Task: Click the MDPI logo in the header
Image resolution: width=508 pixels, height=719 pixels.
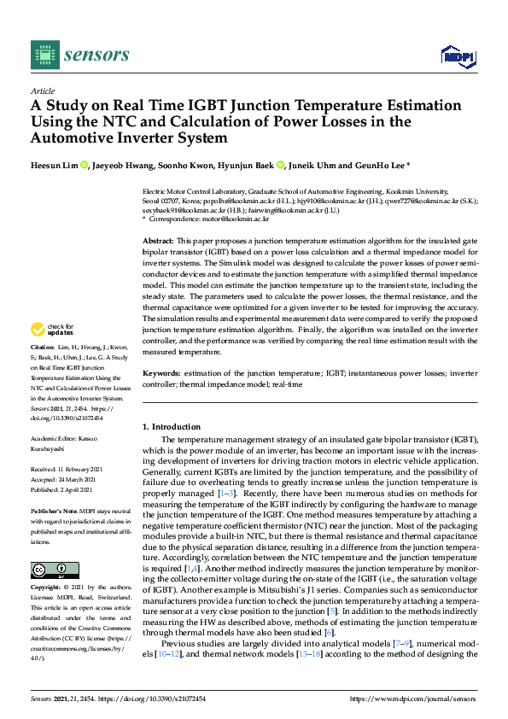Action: tap(457, 56)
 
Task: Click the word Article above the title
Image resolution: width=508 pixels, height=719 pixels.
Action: tap(42, 91)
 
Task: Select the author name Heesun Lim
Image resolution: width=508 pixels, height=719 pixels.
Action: tap(55, 165)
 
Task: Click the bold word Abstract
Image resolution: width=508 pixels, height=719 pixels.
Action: tap(159, 243)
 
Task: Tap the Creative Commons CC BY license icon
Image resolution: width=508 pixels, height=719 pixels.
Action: tap(55, 570)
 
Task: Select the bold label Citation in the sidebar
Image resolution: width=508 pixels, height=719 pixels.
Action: tap(43, 348)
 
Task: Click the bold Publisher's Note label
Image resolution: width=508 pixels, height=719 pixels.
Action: tap(55, 510)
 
